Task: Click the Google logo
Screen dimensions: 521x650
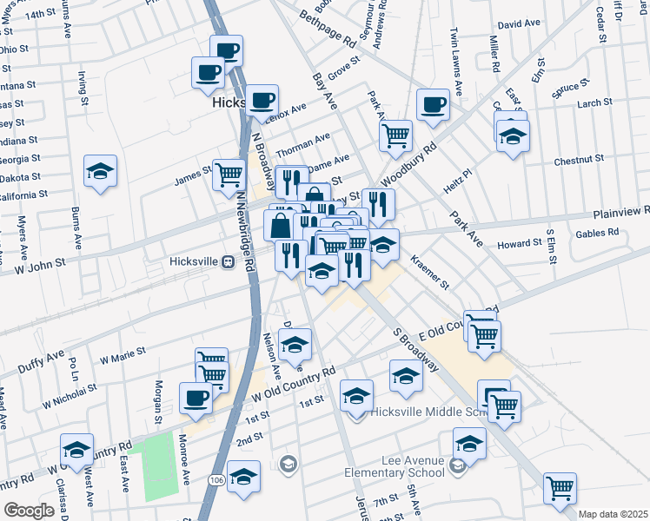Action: (28, 511)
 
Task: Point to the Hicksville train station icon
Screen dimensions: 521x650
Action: (228, 262)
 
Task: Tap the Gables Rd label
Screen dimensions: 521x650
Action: (600, 233)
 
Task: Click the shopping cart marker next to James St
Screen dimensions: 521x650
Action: (229, 173)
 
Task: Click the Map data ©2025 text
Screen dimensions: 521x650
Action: (612, 514)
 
